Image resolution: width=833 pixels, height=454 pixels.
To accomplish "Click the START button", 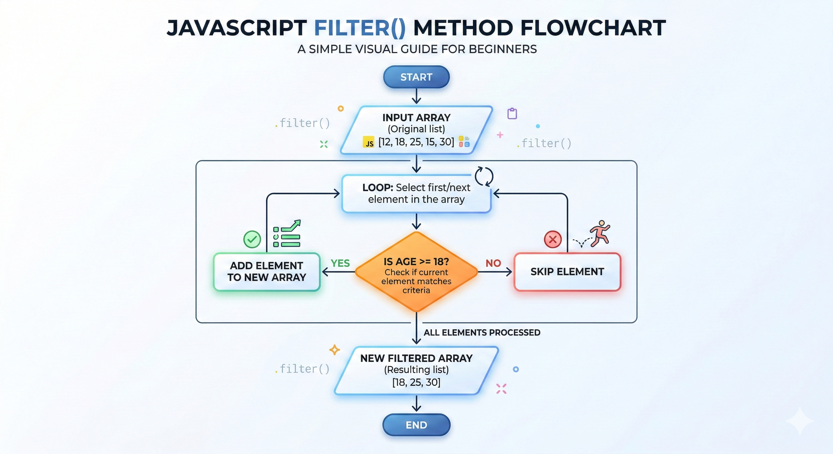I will (x=416, y=77).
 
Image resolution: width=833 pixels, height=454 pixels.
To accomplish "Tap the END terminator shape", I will (x=416, y=425).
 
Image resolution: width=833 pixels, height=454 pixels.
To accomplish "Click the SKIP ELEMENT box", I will (x=567, y=272).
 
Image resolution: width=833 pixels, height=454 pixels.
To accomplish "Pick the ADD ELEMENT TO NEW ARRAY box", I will (x=267, y=271).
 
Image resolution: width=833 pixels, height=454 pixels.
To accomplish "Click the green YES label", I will (x=340, y=263).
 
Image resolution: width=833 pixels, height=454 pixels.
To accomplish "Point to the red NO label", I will (x=493, y=263).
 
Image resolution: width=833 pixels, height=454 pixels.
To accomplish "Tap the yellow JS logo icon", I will (x=369, y=142).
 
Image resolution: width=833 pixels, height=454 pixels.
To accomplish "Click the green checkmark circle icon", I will (x=252, y=239).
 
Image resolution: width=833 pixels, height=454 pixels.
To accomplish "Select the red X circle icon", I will (x=553, y=239).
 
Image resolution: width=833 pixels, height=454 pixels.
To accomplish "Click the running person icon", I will (x=600, y=234).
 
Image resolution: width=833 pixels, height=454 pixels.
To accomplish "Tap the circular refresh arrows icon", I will (x=484, y=176).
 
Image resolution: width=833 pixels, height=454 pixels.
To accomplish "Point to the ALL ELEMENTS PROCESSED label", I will (x=482, y=333).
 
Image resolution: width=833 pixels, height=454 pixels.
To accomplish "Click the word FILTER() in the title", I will (x=360, y=28).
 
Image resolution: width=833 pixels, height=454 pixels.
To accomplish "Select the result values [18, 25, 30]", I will (x=416, y=382).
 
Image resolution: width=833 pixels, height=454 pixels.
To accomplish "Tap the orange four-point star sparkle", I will (x=334, y=350).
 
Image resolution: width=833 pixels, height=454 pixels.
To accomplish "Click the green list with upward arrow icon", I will (x=287, y=234).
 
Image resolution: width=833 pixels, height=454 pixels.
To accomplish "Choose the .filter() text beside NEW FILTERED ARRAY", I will (x=302, y=369).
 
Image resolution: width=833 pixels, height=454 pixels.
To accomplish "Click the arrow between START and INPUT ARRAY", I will (x=416, y=96).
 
